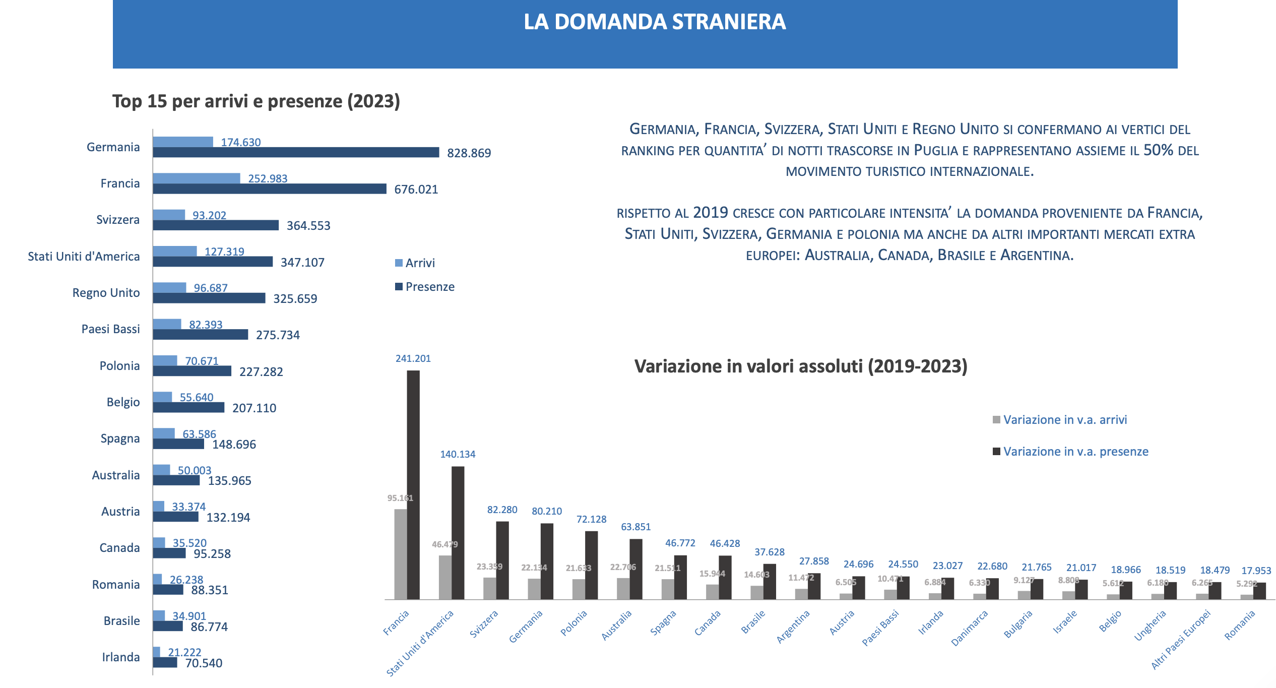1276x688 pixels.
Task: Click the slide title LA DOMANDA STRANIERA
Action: [x=654, y=22]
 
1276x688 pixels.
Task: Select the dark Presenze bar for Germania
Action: [x=296, y=152]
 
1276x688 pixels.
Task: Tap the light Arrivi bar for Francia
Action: [x=196, y=178]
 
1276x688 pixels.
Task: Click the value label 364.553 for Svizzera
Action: [x=308, y=226]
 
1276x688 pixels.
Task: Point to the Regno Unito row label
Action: [x=106, y=293]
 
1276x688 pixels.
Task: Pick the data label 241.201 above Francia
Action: [x=413, y=358]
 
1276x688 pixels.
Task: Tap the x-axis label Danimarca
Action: [x=969, y=628]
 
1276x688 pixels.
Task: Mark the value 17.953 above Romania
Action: [x=1256, y=571]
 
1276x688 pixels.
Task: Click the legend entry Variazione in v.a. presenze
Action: [x=1075, y=452]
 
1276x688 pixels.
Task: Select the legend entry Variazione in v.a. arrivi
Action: [x=1064, y=420]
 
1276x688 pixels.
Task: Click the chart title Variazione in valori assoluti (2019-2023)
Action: [x=800, y=366]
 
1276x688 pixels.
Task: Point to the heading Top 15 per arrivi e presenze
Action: [x=256, y=101]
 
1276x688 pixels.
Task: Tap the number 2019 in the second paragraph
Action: [x=710, y=213]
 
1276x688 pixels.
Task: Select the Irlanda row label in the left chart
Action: [x=121, y=657]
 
